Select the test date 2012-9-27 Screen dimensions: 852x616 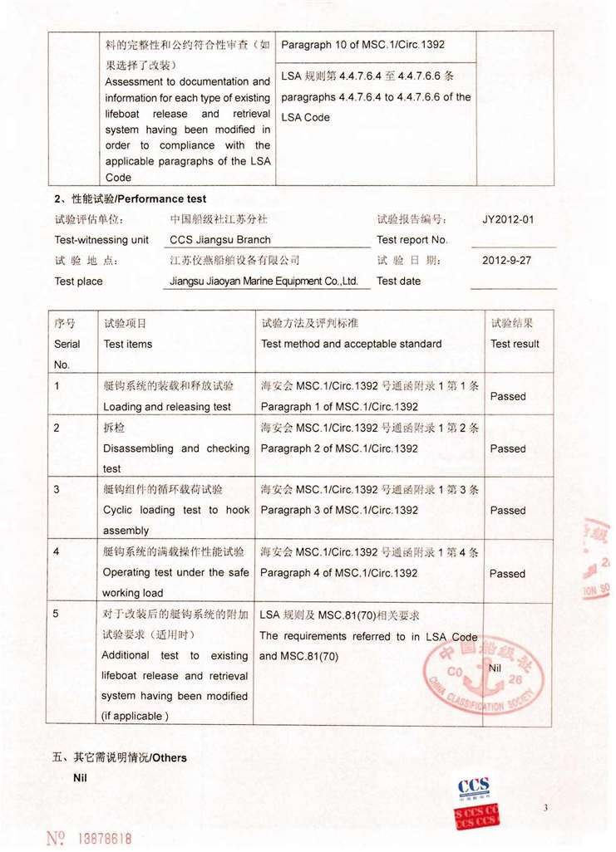point(506,260)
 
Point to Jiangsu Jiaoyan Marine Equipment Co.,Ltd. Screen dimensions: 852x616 point(264,281)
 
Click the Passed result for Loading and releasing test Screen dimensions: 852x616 point(508,396)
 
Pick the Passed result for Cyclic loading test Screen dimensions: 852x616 point(508,511)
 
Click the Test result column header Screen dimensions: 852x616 point(515,344)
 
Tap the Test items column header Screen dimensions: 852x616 point(128,344)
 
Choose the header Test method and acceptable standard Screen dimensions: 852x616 point(351,344)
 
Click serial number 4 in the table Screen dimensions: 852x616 point(57,551)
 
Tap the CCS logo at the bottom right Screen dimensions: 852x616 point(473,786)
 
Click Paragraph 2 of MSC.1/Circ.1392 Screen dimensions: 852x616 point(339,448)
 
